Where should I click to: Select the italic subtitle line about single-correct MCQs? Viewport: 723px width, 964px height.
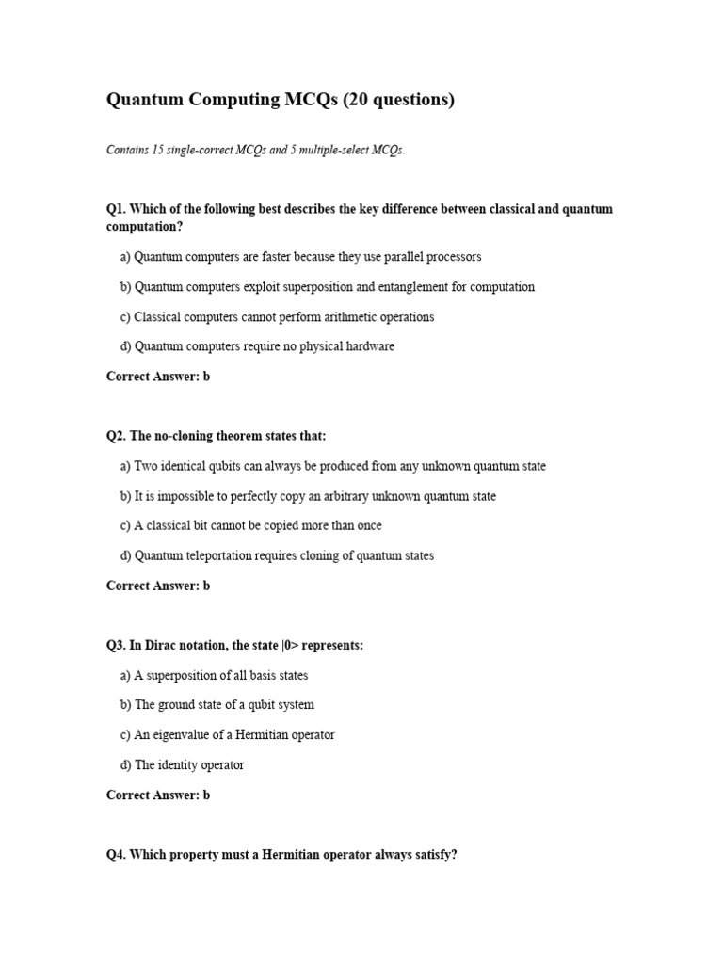[x=255, y=151]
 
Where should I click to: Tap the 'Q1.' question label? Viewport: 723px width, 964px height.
[x=116, y=209]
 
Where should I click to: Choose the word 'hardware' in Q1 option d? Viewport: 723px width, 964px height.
[x=370, y=346]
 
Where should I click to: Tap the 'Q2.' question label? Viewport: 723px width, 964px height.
[x=116, y=436]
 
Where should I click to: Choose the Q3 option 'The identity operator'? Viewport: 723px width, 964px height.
[x=189, y=765]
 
